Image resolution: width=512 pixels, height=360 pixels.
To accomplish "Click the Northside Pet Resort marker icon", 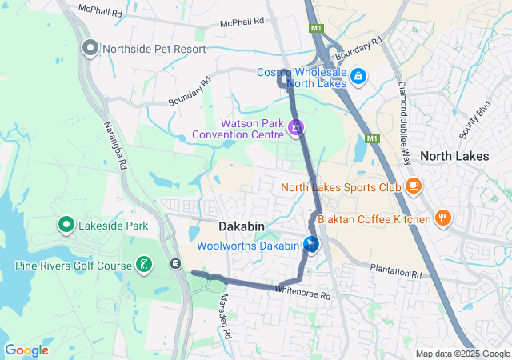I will click(x=90, y=48).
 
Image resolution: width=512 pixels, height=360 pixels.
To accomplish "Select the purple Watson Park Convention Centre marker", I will click(x=296, y=127).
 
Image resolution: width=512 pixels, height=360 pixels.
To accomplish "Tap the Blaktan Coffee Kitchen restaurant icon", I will click(x=442, y=218).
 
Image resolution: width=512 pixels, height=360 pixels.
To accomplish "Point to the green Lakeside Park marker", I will click(x=66, y=226).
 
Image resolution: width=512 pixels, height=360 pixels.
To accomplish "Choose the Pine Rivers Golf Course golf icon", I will click(x=144, y=265).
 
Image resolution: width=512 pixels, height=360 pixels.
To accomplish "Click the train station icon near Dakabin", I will click(x=174, y=263).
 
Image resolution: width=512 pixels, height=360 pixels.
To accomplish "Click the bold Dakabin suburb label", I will click(x=241, y=227).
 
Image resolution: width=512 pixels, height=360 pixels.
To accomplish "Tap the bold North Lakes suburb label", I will click(x=454, y=156).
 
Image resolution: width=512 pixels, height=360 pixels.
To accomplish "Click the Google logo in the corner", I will click(x=26, y=350).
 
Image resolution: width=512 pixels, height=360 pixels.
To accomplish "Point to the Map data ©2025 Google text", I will click(x=462, y=354).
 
